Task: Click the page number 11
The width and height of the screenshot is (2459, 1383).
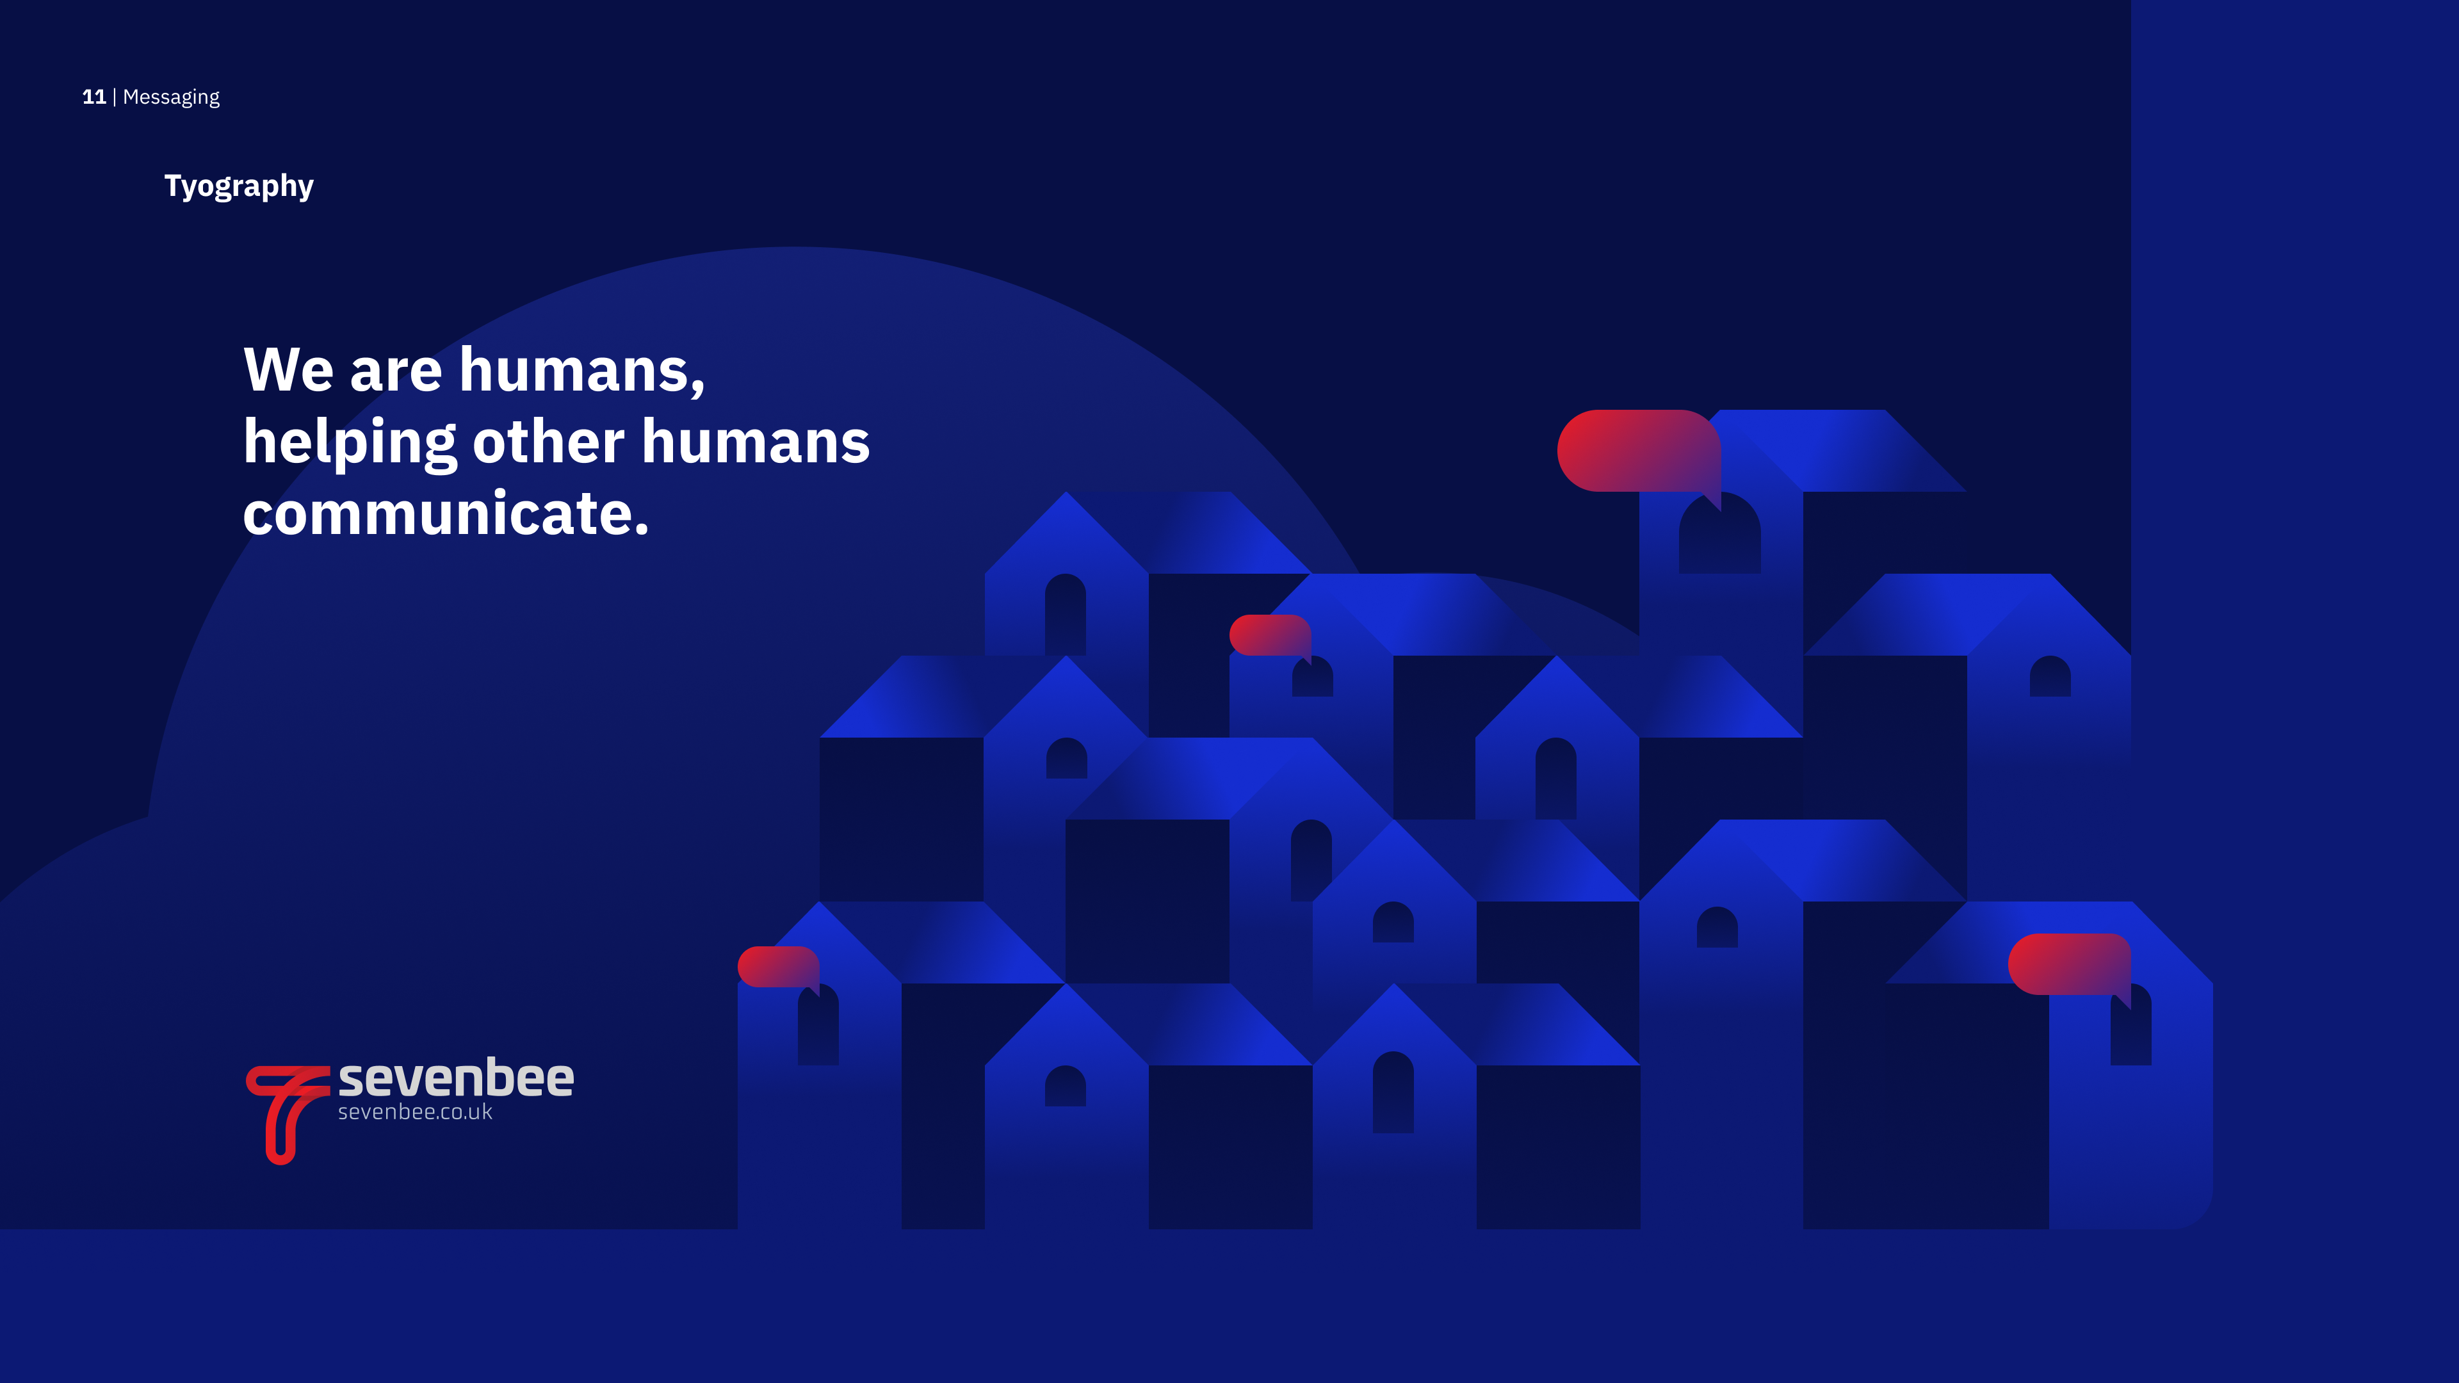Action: click(93, 97)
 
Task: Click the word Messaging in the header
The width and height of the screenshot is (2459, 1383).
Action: click(171, 97)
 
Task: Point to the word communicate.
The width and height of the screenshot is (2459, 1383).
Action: click(446, 514)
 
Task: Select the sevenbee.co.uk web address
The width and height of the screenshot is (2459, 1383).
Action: click(415, 1112)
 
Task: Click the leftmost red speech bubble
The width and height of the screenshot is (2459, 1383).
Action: click(778, 968)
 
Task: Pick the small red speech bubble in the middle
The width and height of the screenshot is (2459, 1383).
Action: click(1270, 636)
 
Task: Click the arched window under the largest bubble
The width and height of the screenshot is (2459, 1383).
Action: click(1720, 537)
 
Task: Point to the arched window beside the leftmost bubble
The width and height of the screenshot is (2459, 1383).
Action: click(819, 1025)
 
